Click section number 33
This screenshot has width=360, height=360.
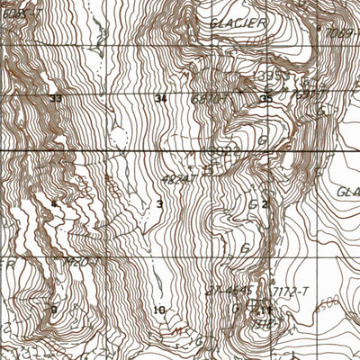tap(57, 98)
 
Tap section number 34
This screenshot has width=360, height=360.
tap(161, 98)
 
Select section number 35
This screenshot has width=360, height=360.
tap(265, 98)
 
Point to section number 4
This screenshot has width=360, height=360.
tap(55, 204)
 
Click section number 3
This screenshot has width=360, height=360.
tap(160, 204)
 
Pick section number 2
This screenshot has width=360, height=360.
tap(265, 204)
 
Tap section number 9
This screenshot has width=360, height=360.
tap(54, 310)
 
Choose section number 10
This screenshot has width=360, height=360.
tap(159, 310)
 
